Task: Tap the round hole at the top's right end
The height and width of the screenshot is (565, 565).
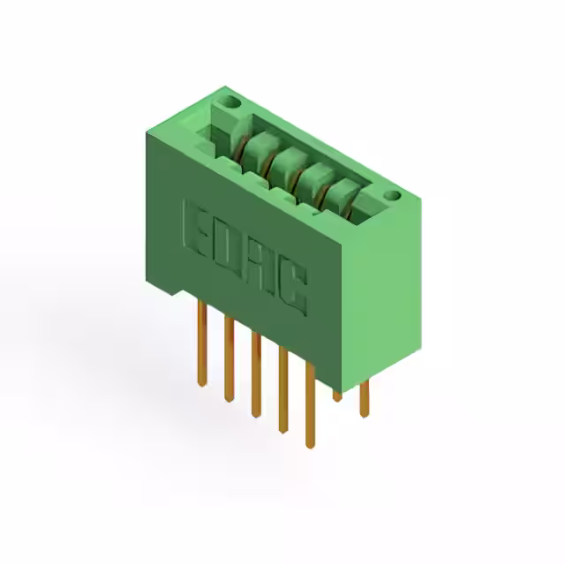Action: pos(392,196)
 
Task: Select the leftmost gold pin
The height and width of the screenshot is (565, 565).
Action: pos(202,343)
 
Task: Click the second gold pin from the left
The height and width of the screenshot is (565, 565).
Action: pos(229,359)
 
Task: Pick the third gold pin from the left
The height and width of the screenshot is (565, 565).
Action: pos(256,374)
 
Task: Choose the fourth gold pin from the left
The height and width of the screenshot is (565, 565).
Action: pos(283,390)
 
